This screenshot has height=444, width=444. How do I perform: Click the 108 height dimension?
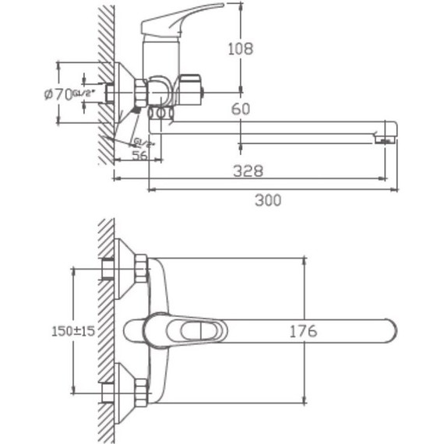click(x=240, y=48)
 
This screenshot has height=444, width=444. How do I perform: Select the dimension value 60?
click(x=241, y=109)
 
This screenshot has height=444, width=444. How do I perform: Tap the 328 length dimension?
click(x=248, y=170)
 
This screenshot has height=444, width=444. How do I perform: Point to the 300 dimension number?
click(x=267, y=200)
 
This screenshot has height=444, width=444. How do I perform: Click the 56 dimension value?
click(x=140, y=156)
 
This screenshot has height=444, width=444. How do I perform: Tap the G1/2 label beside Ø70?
click(x=84, y=93)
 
